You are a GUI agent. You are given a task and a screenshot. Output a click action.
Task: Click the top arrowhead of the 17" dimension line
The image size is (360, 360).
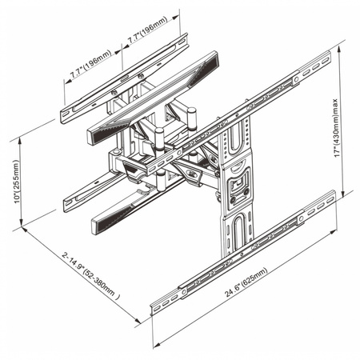[341, 57]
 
